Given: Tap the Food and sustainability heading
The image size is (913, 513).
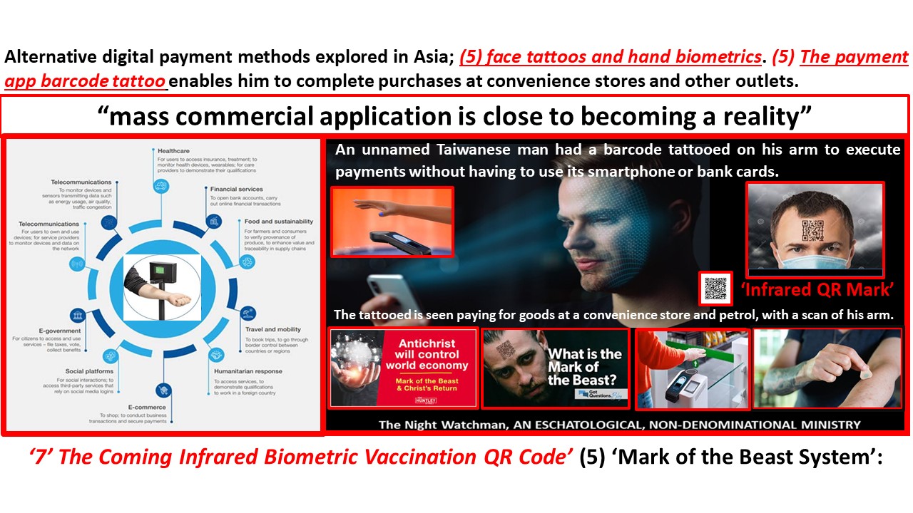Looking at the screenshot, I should (x=278, y=222).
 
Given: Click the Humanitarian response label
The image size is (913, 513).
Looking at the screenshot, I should (x=248, y=371).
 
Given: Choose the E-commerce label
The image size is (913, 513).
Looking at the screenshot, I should (x=146, y=407).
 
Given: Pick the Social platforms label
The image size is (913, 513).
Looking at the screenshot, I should (x=89, y=371).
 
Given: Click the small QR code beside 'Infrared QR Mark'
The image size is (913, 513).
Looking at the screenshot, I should (x=715, y=288).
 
